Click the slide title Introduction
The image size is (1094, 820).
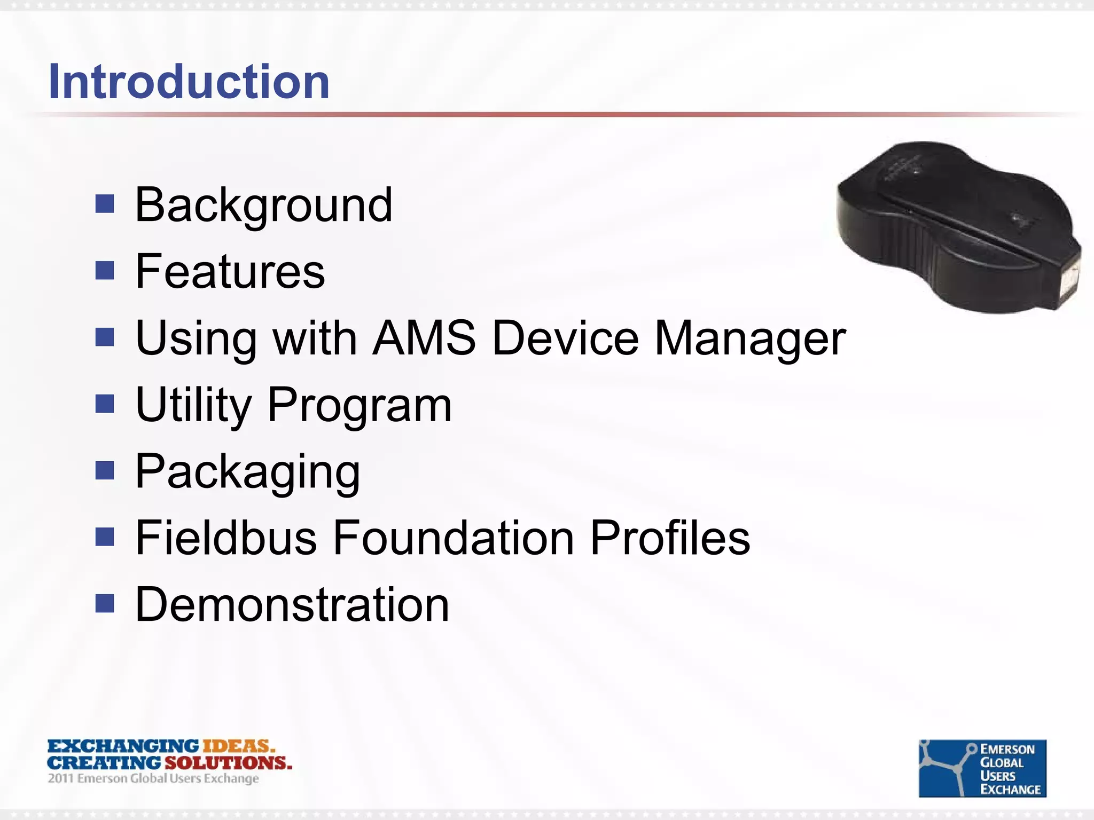tap(189, 82)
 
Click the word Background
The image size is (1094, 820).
tap(264, 205)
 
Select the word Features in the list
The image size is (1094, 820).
tap(230, 272)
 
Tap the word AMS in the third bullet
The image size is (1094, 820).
tap(424, 338)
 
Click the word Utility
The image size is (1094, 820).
tap(193, 405)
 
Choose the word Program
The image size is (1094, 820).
tap(360, 405)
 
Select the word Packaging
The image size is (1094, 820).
tap(248, 472)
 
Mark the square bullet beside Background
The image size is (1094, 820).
tap(105, 203)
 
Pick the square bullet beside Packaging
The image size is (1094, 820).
tap(105, 470)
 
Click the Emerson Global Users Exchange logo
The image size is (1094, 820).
tap(982, 768)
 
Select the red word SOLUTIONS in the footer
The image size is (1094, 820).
tap(228, 762)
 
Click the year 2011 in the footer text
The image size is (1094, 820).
tap(60, 778)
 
